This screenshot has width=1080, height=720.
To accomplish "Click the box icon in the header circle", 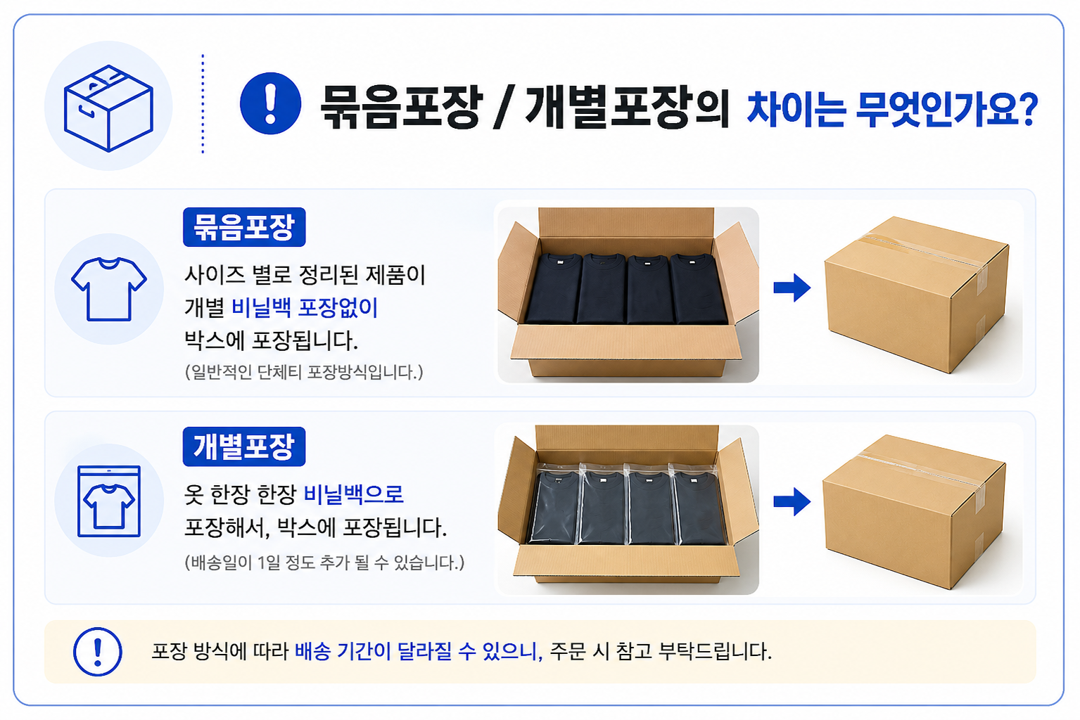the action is tap(108, 108).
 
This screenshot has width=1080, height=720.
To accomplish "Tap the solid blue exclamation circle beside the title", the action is tap(270, 103).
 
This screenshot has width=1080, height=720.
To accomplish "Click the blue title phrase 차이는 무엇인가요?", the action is tap(891, 109).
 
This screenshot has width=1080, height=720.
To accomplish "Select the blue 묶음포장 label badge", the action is tap(244, 227).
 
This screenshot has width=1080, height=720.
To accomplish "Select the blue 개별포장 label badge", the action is tap(244, 446).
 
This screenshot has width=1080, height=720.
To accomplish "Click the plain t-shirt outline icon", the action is tap(109, 289).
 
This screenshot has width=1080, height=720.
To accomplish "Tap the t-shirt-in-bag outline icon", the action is tap(109, 501).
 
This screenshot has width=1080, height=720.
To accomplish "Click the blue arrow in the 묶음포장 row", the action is tap(792, 288).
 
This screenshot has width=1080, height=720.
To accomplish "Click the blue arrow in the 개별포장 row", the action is tap(792, 502).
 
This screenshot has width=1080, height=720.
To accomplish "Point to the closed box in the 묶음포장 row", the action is tap(916, 295).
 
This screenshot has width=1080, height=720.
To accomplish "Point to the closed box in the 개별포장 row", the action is tap(914, 511).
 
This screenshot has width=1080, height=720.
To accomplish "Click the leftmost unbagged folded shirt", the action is tap(553, 288).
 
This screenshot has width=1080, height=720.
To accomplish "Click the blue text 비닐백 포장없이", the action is tap(305, 307).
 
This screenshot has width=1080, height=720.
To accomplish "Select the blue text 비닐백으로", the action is tap(354, 494).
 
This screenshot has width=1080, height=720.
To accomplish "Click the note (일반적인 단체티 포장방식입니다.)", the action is tap(304, 372).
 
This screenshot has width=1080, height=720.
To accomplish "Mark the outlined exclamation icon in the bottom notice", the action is tap(97, 652).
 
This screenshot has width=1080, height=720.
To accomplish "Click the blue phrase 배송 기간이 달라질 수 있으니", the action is tap(419, 652).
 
